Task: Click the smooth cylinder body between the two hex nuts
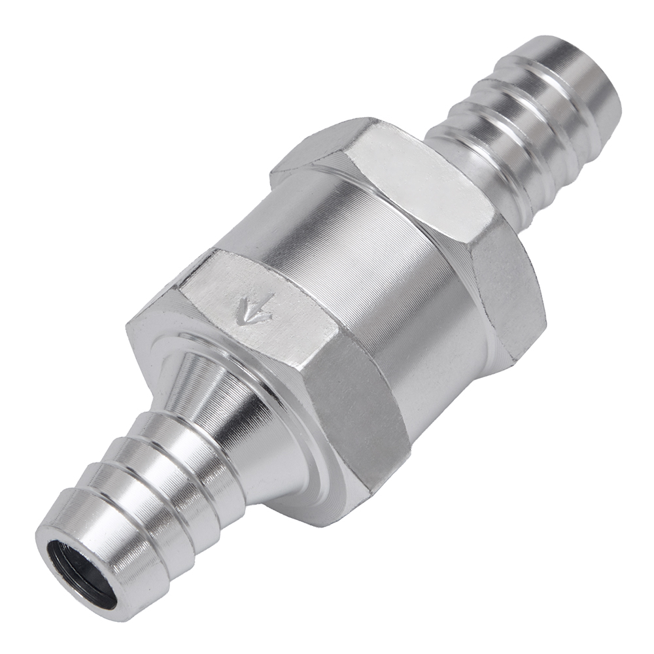coord(366,262)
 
